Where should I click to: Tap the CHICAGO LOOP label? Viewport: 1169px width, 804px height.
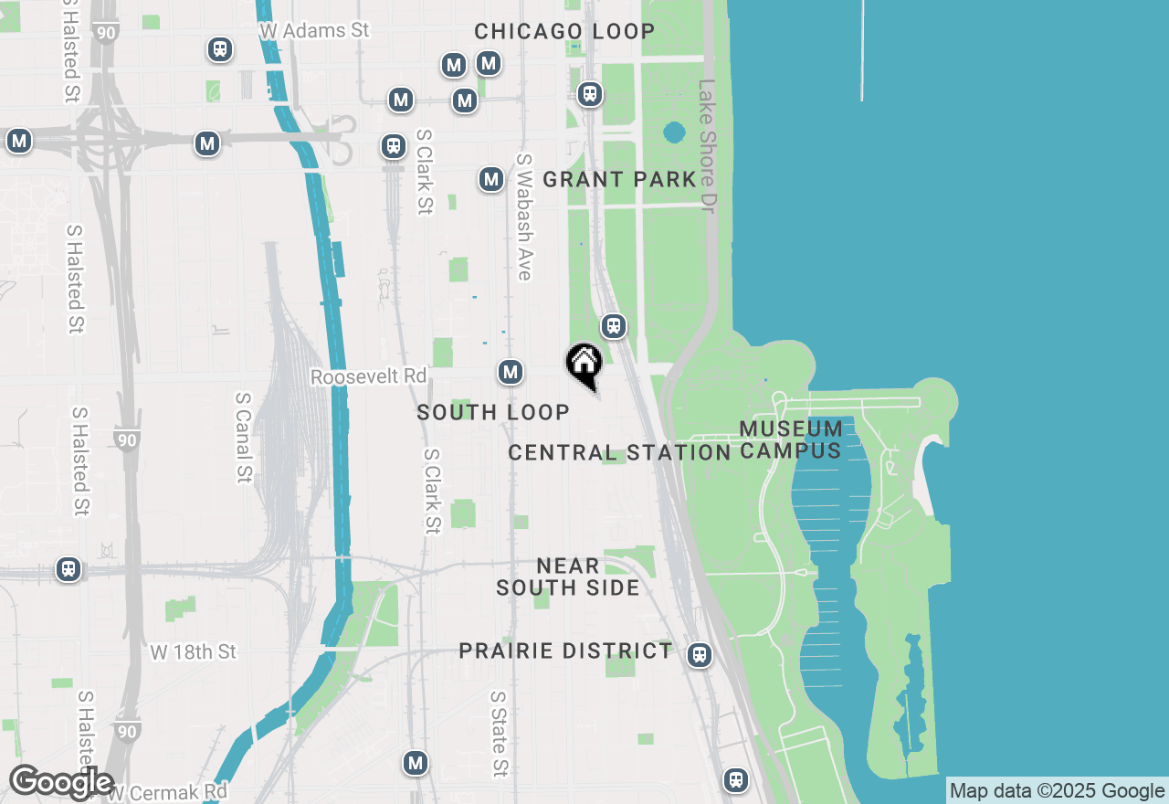click(x=564, y=31)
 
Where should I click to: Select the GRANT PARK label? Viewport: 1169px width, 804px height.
click(x=619, y=179)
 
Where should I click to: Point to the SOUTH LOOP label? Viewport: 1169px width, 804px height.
click(x=493, y=413)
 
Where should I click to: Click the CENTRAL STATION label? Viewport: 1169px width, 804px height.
click(x=619, y=452)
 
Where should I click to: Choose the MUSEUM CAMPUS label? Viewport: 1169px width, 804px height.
click(x=791, y=439)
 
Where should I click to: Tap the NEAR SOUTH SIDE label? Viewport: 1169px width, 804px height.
click(x=568, y=577)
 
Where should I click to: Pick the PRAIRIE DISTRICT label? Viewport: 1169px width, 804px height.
click(x=565, y=651)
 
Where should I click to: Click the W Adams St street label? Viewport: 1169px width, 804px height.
click(x=314, y=30)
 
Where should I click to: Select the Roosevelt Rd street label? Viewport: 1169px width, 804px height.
click(x=368, y=376)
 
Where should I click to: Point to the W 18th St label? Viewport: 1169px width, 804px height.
click(x=193, y=652)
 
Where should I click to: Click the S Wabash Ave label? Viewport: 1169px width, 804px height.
click(x=524, y=217)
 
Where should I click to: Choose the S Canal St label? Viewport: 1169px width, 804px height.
click(x=243, y=438)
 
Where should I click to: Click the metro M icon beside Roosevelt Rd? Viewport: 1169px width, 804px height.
click(x=511, y=372)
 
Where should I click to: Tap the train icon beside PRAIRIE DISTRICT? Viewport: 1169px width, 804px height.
click(x=700, y=655)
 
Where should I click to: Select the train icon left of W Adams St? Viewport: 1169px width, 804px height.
click(x=219, y=48)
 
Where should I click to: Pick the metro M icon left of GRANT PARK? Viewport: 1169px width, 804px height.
click(x=491, y=179)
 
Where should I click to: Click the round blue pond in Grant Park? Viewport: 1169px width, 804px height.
click(x=674, y=132)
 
